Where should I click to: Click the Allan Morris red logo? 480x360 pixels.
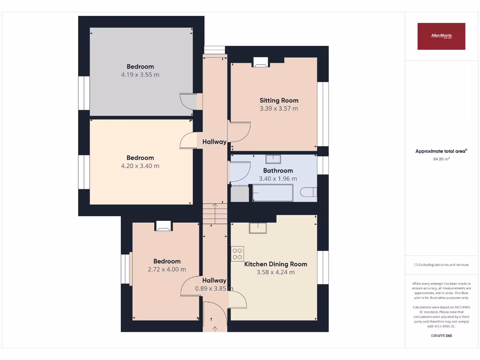[x=441, y=36]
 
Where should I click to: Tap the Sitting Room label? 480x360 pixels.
[x=279, y=100]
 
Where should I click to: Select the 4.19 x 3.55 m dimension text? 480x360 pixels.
[x=140, y=75]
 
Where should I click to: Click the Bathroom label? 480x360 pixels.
[x=278, y=171]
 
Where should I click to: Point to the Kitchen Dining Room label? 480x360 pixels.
[x=276, y=264]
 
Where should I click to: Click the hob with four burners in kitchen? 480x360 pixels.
[x=237, y=254]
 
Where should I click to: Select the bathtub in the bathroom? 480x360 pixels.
[x=273, y=193]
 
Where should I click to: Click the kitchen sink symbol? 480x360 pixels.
[x=258, y=227]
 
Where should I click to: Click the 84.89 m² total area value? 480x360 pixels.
[x=441, y=159]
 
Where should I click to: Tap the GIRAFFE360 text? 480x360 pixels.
[x=441, y=336]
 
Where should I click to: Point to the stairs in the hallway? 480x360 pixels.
[x=215, y=214]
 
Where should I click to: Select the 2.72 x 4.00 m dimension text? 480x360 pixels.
[x=167, y=270]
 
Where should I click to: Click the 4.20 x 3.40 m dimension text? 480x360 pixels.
[x=140, y=166]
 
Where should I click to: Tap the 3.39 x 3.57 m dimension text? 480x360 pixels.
[x=279, y=109]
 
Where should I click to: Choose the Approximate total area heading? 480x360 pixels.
[x=441, y=151]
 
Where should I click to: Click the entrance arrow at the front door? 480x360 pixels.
[x=215, y=328]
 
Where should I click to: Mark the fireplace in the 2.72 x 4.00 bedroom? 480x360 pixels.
[x=163, y=226]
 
